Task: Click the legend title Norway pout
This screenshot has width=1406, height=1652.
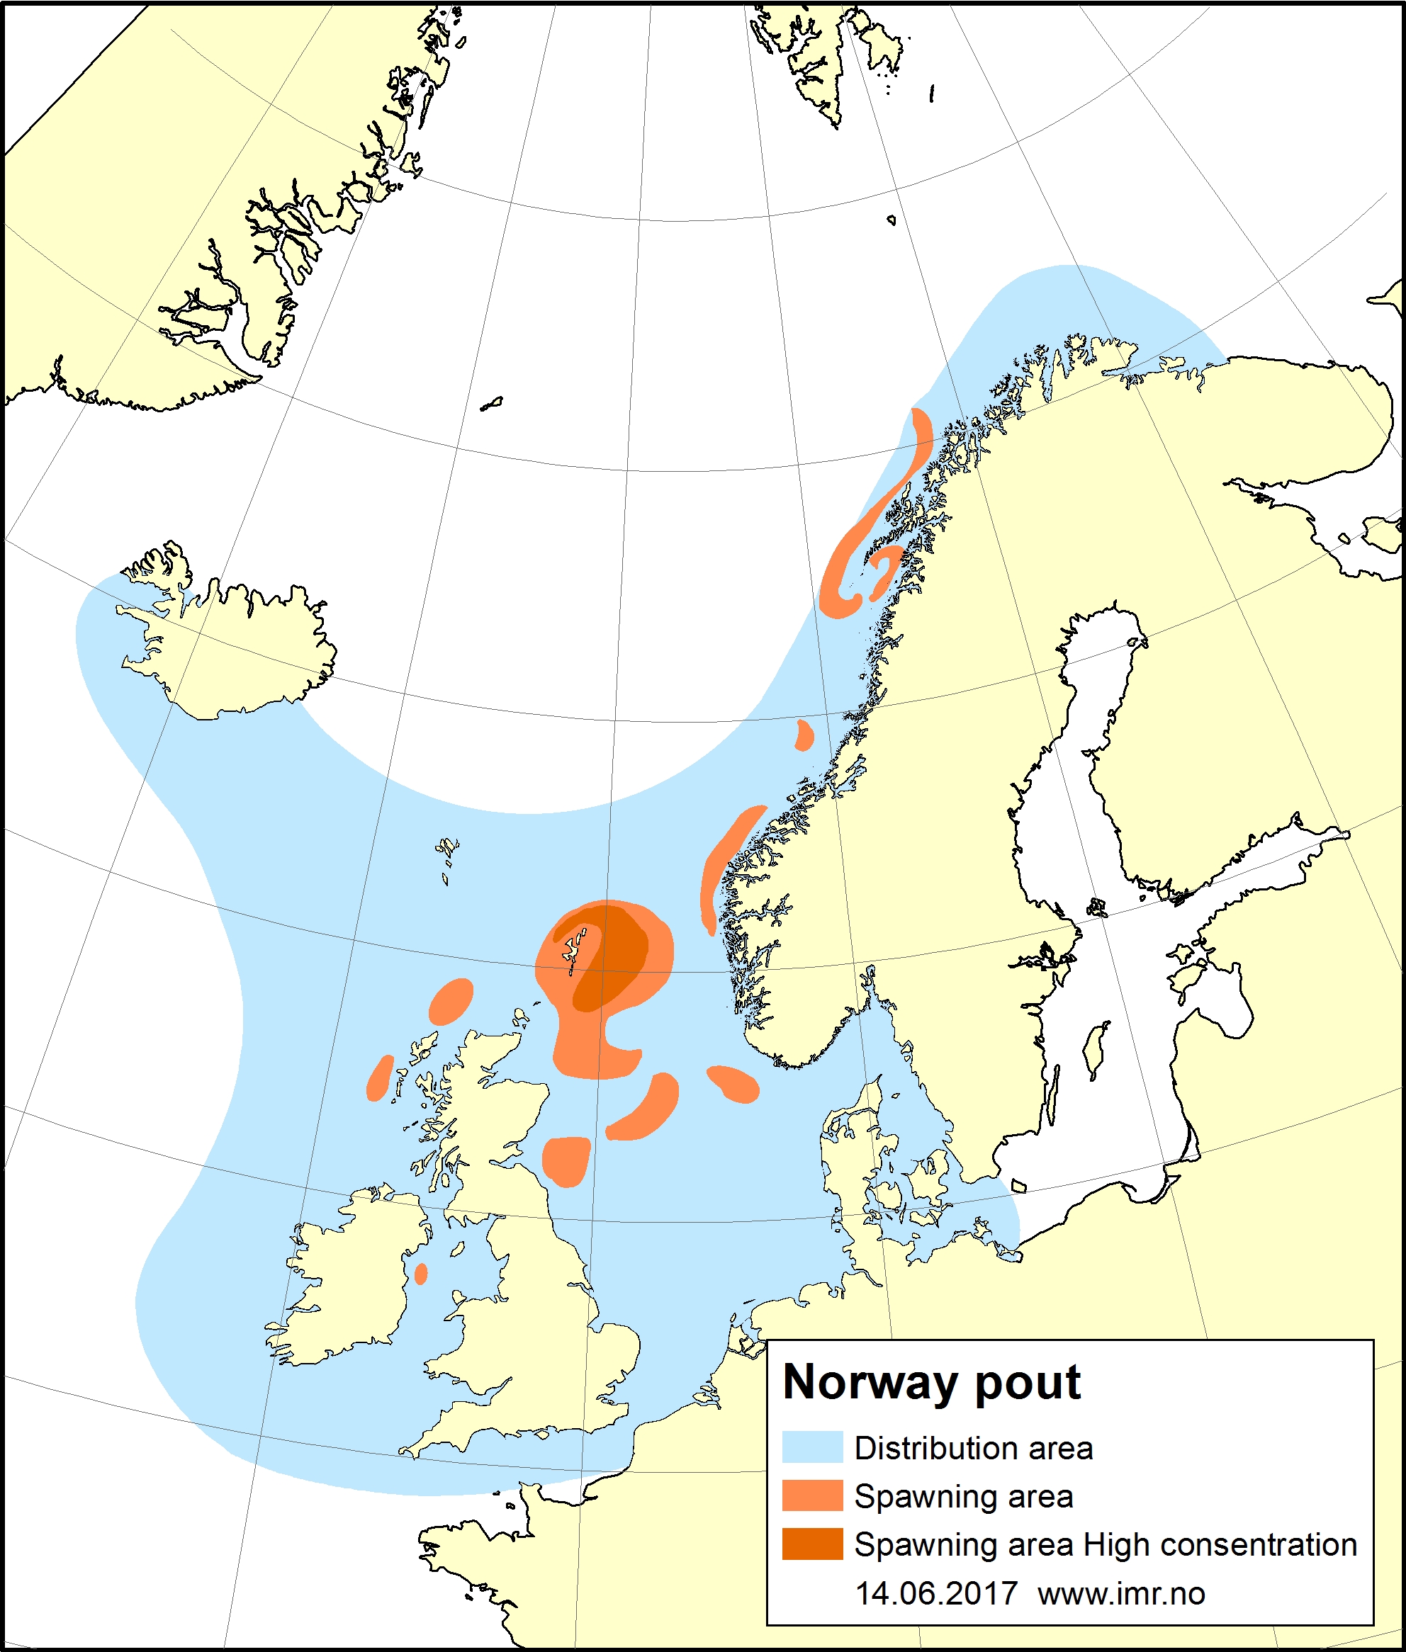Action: pyautogui.click(x=931, y=1382)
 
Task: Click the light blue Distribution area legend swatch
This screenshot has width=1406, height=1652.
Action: pyautogui.click(x=811, y=1447)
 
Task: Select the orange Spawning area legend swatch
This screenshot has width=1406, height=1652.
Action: pyautogui.click(x=811, y=1496)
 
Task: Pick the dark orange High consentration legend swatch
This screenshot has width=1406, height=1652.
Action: pyautogui.click(x=811, y=1544)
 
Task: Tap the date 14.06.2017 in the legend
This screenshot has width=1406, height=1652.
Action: pyautogui.click(x=935, y=1593)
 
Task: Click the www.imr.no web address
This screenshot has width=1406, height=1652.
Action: pyautogui.click(x=1120, y=1593)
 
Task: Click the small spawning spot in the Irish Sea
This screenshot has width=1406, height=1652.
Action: pyautogui.click(x=421, y=1274)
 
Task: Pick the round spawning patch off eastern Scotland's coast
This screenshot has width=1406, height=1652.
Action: pyautogui.click(x=566, y=1160)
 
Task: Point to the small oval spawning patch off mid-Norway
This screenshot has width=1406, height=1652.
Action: pyautogui.click(x=804, y=735)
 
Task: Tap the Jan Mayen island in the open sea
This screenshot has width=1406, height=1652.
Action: pyautogui.click(x=491, y=404)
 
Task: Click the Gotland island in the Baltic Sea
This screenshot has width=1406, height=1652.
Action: pyautogui.click(x=1098, y=1051)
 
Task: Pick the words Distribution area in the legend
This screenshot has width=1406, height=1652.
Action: pyautogui.click(x=973, y=1448)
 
